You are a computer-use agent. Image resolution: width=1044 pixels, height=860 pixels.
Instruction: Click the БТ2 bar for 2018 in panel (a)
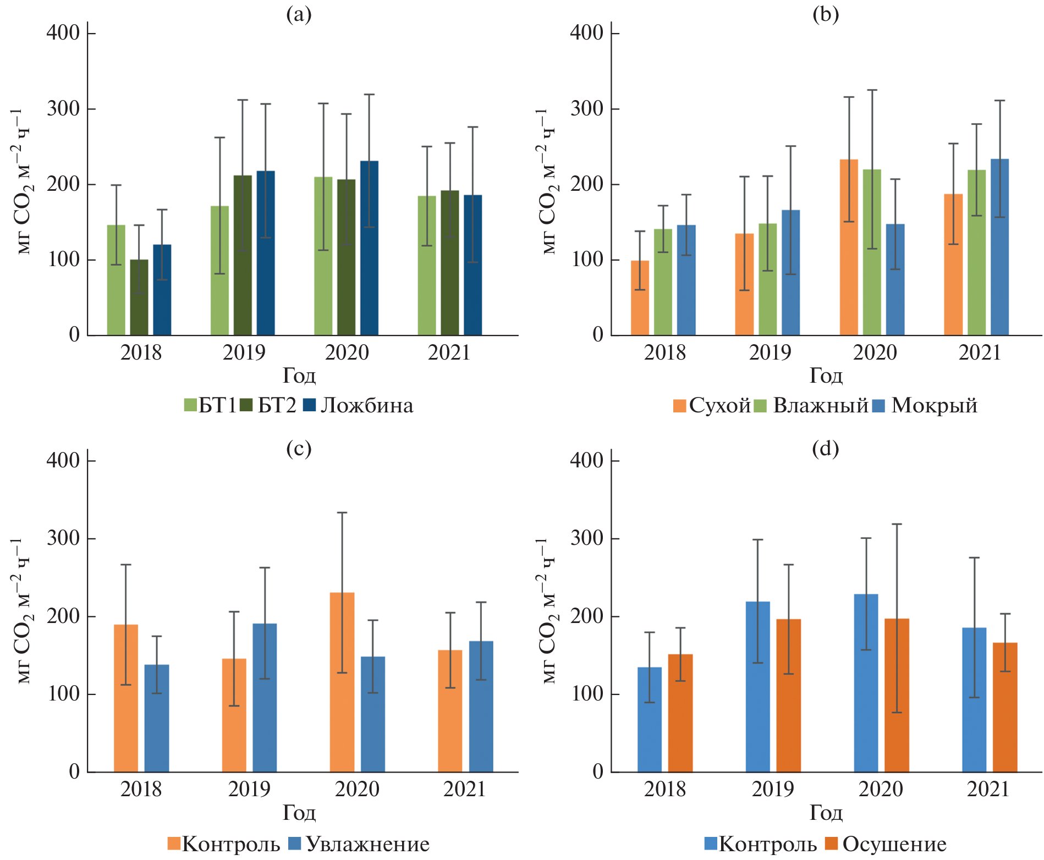point(139,297)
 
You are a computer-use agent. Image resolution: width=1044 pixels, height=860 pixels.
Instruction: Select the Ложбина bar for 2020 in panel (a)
point(369,247)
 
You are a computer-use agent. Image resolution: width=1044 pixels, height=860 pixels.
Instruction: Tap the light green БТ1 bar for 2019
point(219,270)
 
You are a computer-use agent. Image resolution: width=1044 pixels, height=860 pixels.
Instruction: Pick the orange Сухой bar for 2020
point(849,247)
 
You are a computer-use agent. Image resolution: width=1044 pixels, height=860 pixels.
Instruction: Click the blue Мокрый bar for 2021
point(999,247)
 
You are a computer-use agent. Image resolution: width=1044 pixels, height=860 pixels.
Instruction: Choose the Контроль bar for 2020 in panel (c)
point(342,682)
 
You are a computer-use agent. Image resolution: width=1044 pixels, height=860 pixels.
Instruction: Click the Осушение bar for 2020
point(897,695)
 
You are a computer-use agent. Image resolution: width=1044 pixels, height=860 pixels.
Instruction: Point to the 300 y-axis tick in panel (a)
point(64,109)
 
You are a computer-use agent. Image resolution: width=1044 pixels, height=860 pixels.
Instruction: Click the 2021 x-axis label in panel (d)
point(988,790)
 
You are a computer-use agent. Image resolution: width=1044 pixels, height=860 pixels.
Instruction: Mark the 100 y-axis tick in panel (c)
point(64,694)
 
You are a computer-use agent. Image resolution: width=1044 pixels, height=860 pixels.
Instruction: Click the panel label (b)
point(826,14)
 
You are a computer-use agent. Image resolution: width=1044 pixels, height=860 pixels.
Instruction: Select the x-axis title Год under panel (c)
point(299,813)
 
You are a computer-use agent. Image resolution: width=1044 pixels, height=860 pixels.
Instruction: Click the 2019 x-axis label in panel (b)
point(770,352)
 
